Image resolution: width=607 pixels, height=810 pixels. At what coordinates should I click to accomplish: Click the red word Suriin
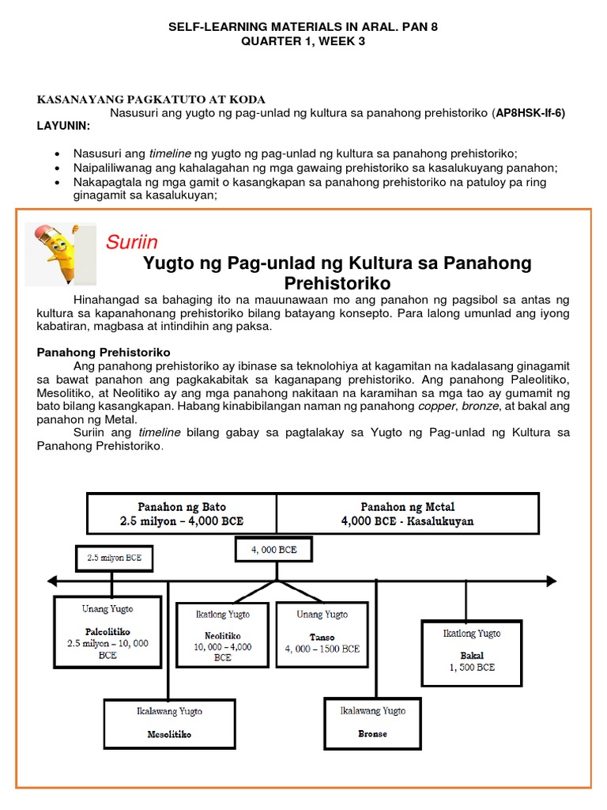point(131,242)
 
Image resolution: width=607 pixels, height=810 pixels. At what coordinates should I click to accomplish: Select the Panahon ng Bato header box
point(182,513)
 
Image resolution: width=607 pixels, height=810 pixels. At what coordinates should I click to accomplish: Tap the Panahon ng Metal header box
point(407,513)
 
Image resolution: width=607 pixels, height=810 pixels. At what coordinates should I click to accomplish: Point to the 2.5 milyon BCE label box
point(114,558)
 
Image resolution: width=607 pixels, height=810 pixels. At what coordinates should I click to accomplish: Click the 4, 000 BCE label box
point(273,550)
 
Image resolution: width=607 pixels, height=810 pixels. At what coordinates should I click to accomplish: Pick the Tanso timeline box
point(321,631)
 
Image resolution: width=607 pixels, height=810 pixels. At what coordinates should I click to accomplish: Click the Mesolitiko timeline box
point(169,723)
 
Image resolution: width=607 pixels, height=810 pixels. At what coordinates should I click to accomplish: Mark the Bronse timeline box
point(372,723)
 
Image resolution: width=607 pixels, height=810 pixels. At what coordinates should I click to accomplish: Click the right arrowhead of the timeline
point(550,582)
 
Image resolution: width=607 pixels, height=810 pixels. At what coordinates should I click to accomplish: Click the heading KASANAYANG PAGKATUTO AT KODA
point(153,100)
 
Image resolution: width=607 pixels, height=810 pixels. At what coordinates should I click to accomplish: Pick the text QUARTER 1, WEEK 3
point(303,42)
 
